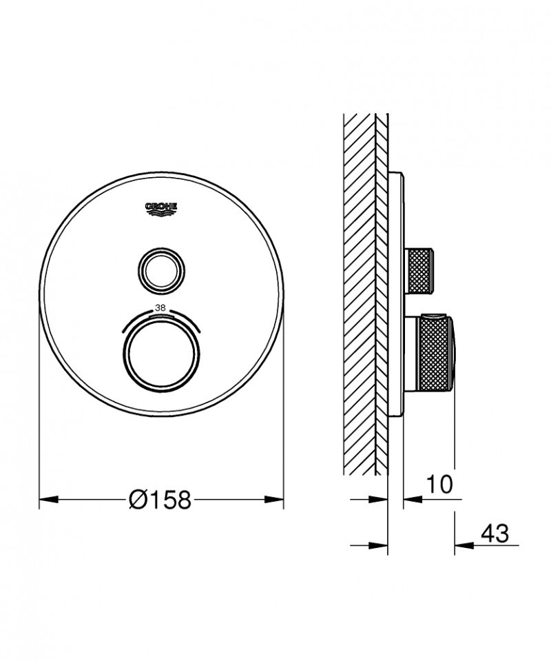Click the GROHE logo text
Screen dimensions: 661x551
(161, 205)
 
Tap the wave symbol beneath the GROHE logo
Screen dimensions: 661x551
(161, 214)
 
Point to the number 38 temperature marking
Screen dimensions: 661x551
(161, 309)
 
